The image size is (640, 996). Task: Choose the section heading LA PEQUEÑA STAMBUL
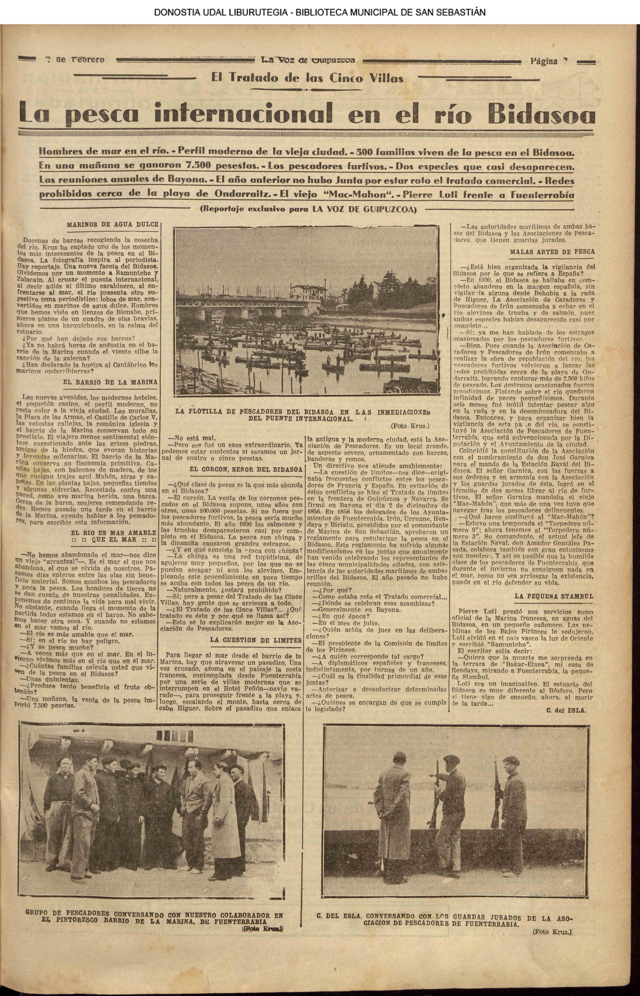(554, 596)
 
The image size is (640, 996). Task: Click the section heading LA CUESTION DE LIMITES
(256, 640)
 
